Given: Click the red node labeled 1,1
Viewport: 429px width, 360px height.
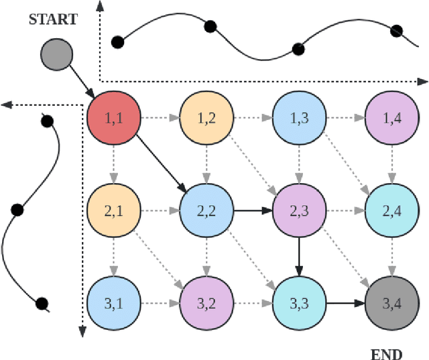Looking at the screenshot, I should [x=113, y=119].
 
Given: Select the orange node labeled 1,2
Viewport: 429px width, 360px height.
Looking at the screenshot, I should [x=206, y=119].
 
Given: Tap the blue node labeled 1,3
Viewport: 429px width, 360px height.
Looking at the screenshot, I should [x=298, y=119].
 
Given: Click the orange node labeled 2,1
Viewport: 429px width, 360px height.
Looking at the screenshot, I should [x=113, y=212].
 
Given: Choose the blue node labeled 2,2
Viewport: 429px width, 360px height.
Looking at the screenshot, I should [x=206, y=212].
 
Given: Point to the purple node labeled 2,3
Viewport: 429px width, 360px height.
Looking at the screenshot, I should [x=298, y=212].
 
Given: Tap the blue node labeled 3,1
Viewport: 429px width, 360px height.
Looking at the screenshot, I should [x=113, y=304].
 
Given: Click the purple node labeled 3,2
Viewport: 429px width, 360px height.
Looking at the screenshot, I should [x=206, y=304].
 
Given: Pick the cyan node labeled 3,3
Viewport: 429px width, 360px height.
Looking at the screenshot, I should [x=298, y=304].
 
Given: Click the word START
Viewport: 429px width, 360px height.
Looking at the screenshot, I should [x=53, y=19].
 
